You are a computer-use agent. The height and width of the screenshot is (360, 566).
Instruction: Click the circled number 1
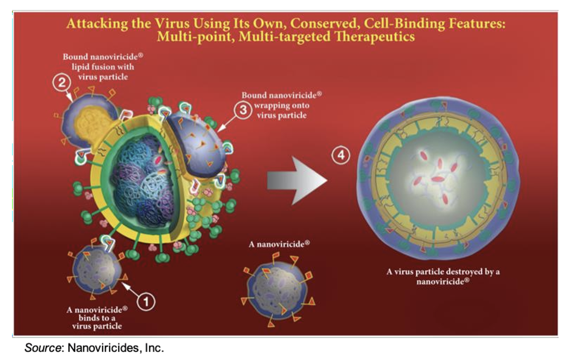tap(146, 302)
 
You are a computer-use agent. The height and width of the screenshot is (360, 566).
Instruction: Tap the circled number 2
tap(62, 82)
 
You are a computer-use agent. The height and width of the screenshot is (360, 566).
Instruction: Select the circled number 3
tap(243, 110)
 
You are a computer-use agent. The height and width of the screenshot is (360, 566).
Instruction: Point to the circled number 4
tap(341, 155)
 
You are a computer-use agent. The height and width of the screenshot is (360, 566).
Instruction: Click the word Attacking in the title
tap(97, 23)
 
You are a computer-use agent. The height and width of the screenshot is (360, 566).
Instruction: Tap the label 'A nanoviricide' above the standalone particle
tap(279, 244)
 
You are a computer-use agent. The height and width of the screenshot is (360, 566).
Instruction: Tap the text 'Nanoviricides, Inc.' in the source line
tap(116, 348)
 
